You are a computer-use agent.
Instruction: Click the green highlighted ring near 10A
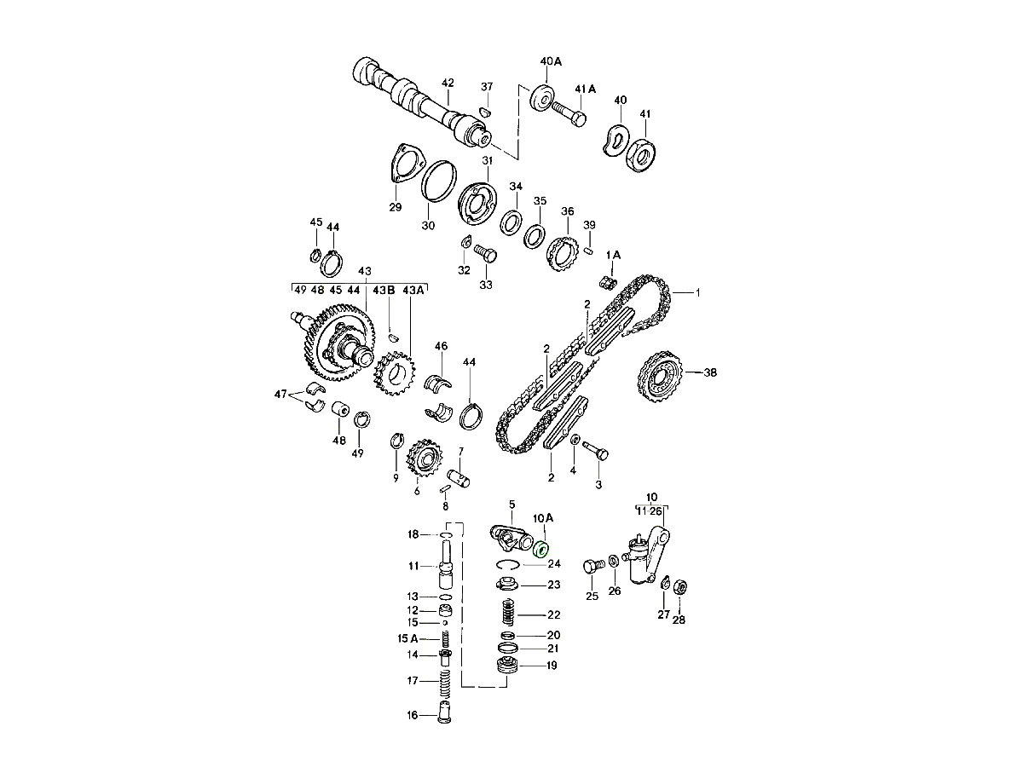541,550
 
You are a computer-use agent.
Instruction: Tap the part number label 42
448,83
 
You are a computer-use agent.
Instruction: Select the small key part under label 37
485,112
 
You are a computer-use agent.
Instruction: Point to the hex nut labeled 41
641,154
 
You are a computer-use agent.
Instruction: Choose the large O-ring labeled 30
438,182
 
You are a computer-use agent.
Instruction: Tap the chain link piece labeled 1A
608,282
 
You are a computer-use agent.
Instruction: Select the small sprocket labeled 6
425,459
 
